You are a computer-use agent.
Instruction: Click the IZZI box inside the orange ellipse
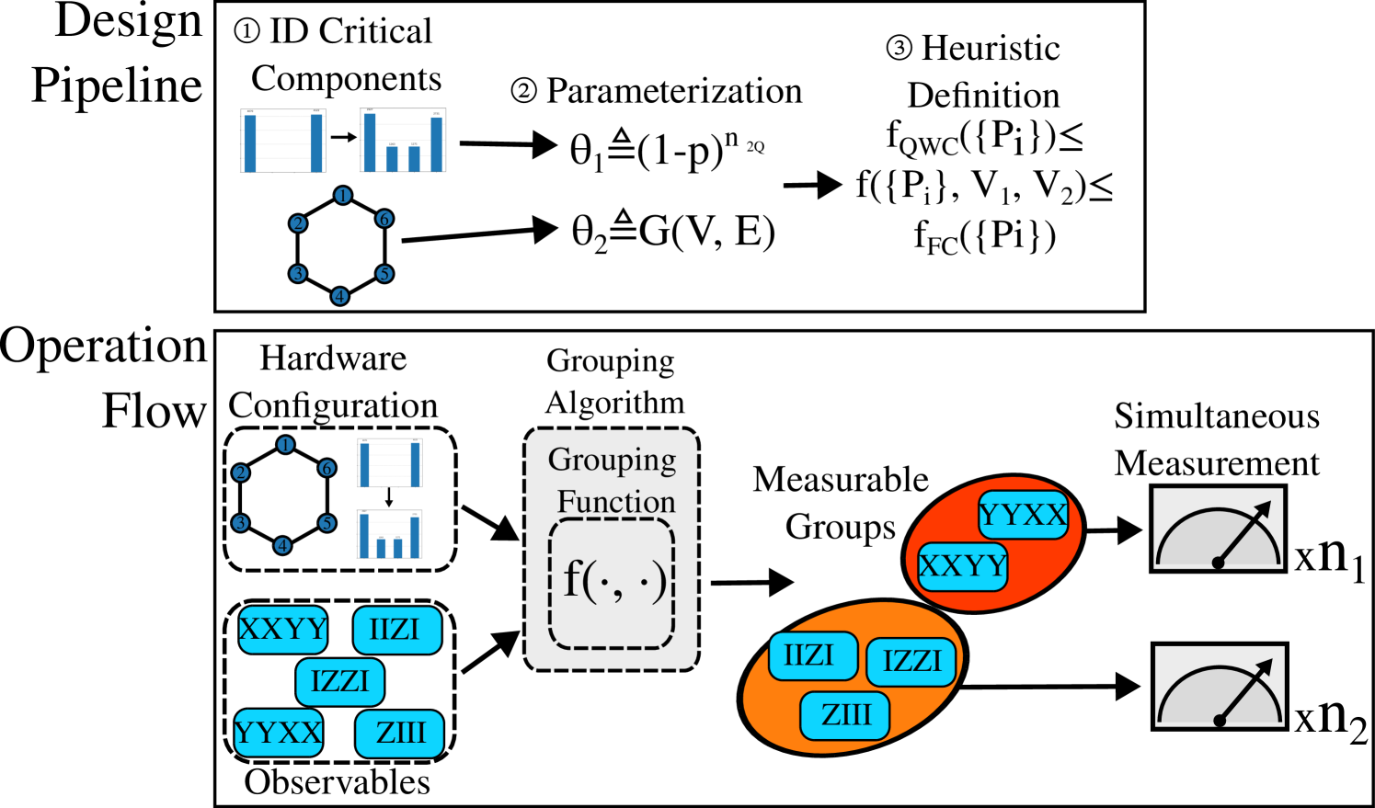pyautogui.click(x=911, y=662)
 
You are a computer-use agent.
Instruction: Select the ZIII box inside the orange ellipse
pyautogui.click(x=845, y=715)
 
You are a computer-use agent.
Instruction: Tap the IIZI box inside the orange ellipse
pyautogui.click(x=813, y=656)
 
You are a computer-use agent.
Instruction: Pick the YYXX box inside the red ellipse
pyautogui.click(x=1023, y=515)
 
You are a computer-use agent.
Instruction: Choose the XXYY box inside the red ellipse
pyautogui.click(x=963, y=566)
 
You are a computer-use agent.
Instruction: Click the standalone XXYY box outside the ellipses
pyautogui.click(x=283, y=630)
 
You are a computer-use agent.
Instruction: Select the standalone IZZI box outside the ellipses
pyautogui.click(x=340, y=682)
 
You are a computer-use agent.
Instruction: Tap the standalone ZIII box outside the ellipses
pyautogui.click(x=399, y=734)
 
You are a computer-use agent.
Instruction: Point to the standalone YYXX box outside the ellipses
pyautogui.click(x=279, y=733)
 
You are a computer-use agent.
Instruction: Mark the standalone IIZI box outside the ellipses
pyautogui.click(x=397, y=630)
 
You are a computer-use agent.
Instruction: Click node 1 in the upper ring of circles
pyautogui.click(x=343, y=196)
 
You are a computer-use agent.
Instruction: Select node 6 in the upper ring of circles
pyautogui.click(x=384, y=219)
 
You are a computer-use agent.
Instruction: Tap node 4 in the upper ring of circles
pyautogui.click(x=340, y=296)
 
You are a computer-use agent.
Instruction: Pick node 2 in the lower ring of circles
pyautogui.click(x=241, y=472)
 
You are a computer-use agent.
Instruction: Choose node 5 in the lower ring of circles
pyautogui.click(x=327, y=523)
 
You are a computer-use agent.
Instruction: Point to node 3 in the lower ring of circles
pyautogui.click(x=241, y=523)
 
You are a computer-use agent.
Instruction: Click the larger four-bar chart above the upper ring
pyautogui.click(x=403, y=141)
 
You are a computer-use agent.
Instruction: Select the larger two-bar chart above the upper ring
pyautogui.click(x=283, y=141)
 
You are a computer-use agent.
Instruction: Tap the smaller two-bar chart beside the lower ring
pyautogui.click(x=389, y=462)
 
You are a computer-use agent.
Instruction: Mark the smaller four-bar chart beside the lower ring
pyautogui.click(x=389, y=534)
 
